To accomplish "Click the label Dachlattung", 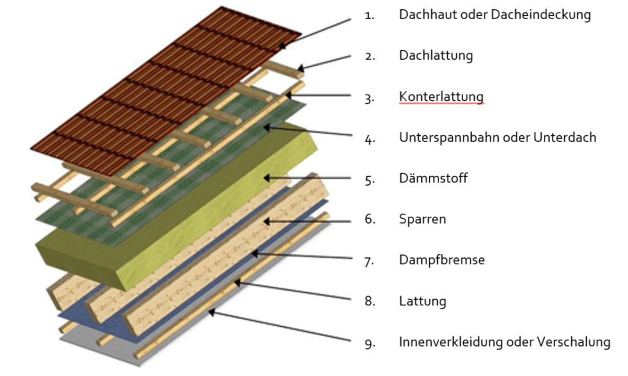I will [x=436, y=55].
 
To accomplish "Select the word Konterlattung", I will [x=441, y=96].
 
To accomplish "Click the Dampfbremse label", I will [x=442, y=260].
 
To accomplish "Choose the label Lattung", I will [x=423, y=301].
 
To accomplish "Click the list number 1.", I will [x=369, y=16].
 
